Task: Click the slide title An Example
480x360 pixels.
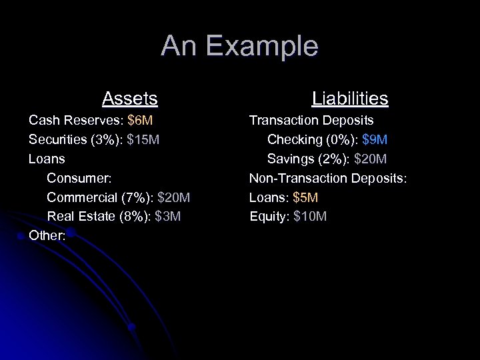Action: (239, 46)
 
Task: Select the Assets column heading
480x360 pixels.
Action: (130, 99)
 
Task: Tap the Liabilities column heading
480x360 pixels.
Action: (350, 99)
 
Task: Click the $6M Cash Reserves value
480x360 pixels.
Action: (140, 121)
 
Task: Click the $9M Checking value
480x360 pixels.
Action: (375, 140)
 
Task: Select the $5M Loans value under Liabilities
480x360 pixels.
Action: (306, 197)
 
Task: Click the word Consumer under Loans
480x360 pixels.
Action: (79, 178)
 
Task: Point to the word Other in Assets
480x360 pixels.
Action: (45, 235)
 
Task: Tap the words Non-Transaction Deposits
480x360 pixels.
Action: (327, 178)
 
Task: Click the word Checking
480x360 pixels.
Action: (294, 140)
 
